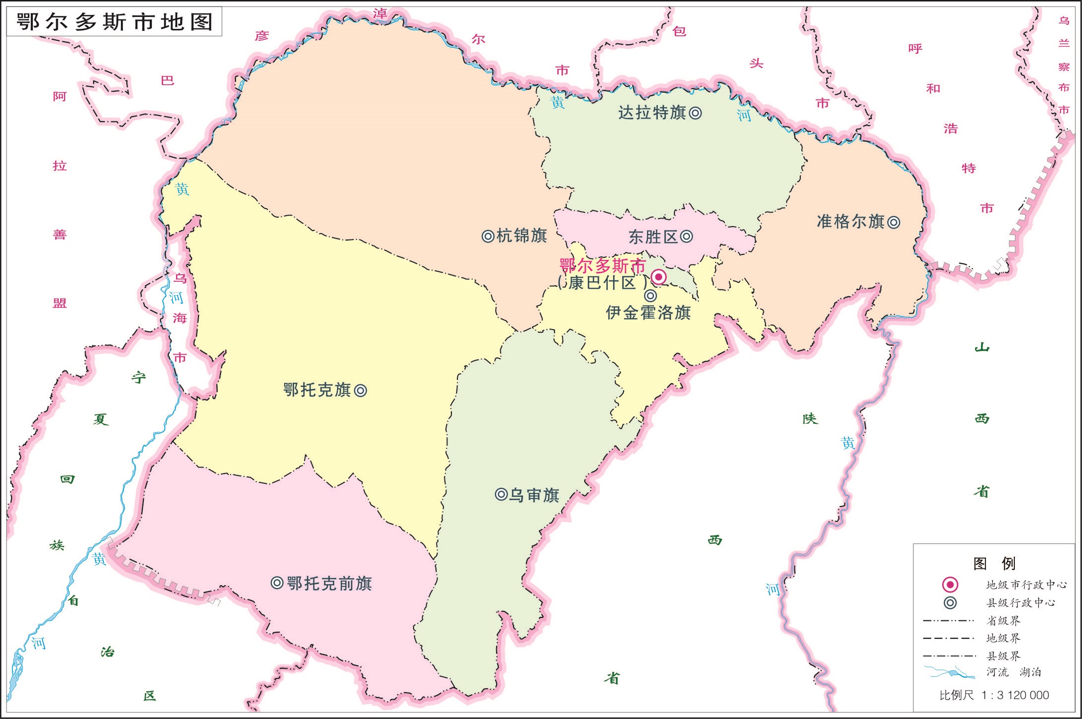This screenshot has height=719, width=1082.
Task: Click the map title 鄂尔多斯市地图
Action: coord(114,22)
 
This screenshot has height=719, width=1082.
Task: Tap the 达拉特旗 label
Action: coord(651,113)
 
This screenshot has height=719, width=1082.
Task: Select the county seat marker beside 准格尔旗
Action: coord(894,222)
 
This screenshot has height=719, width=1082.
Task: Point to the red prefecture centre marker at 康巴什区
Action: coord(658,277)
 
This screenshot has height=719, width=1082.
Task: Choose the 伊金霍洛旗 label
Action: coord(648,313)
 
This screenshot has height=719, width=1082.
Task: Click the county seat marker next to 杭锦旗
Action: coord(488,236)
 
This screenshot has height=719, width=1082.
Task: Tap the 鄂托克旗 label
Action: coord(317,390)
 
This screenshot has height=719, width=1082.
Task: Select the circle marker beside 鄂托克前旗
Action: coord(277,583)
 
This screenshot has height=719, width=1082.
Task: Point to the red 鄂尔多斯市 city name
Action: coord(602,265)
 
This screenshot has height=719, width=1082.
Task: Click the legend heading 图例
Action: coord(994,563)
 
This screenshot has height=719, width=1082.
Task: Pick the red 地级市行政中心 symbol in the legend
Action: coord(950,585)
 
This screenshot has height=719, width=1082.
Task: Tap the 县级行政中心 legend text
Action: coord(1020,602)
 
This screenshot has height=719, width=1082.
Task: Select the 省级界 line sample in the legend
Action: coord(949,621)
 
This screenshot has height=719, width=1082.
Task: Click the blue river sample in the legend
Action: coord(949,673)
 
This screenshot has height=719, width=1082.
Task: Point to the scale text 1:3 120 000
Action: coord(1015,695)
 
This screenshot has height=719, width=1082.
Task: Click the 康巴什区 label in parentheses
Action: coord(602,283)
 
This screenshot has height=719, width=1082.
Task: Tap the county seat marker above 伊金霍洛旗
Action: coord(650,296)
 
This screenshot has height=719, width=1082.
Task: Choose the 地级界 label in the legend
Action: coord(1003,638)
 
